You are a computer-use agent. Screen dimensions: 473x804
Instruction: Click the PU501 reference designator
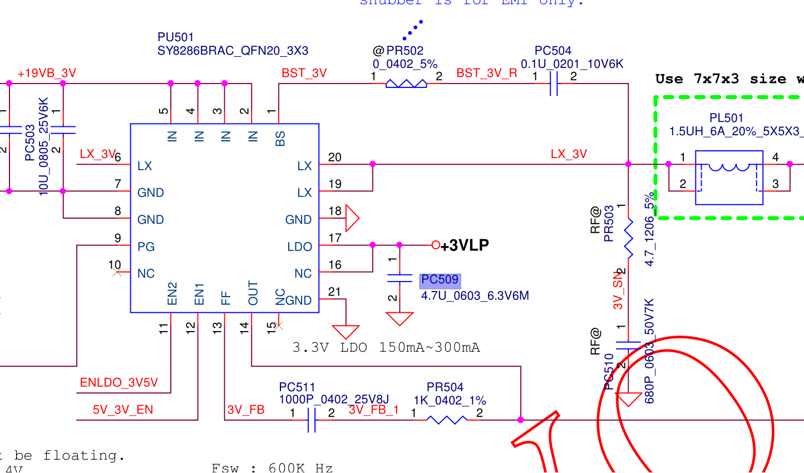[x=176, y=37]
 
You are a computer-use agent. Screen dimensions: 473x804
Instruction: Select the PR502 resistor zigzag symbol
[x=406, y=83]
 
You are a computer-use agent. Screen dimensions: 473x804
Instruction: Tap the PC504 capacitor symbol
[x=554, y=83]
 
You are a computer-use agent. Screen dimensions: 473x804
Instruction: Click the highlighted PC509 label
[x=440, y=280]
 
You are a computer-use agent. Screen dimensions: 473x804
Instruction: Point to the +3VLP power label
[x=465, y=245]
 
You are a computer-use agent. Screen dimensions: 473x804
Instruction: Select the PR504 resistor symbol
[x=446, y=420]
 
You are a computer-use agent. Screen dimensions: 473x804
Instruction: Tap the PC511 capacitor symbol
[x=312, y=420]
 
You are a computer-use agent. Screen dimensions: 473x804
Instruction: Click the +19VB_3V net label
[x=47, y=73]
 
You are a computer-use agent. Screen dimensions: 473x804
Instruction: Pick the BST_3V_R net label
[x=487, y=73]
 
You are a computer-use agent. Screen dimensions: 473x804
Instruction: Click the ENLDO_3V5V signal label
[x=119, y=383]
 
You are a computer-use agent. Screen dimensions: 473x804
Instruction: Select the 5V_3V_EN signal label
[x=123, y=410]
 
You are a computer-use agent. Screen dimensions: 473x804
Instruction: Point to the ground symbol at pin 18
[x=352, y=218]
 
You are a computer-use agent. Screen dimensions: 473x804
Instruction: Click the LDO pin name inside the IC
[x=299, y=247]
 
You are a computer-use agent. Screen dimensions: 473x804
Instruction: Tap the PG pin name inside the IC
[x=146, y=247]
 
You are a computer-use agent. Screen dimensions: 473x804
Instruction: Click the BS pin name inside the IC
[x=280, y=138]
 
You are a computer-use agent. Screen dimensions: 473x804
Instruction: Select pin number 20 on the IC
[x=334, y=157]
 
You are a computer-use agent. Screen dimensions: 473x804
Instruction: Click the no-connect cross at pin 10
[x=117, y=273]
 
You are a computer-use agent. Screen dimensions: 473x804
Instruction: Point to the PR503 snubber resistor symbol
[x=629, y=238]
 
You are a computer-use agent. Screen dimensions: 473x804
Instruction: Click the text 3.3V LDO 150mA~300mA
[x=386, y=348]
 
